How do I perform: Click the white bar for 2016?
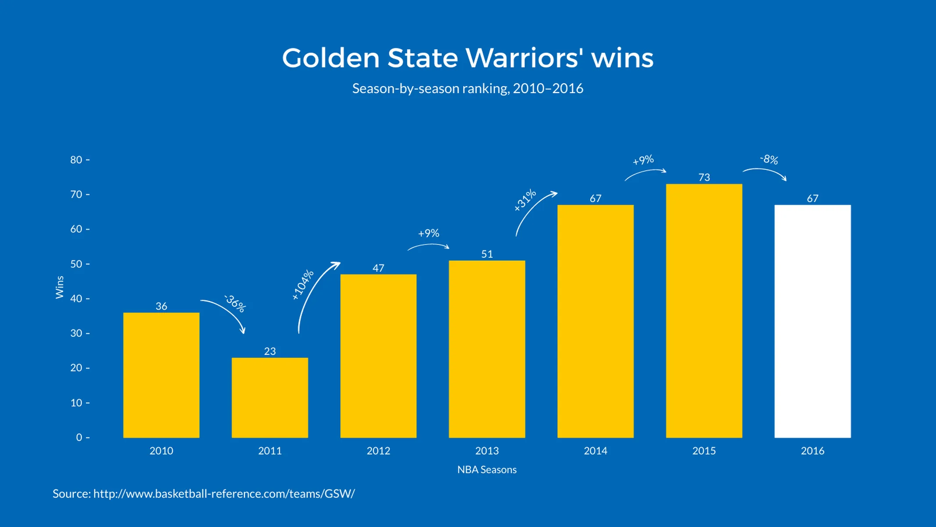[x=812, y=321]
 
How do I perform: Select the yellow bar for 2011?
[x=269, y=397]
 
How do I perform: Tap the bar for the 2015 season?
[x=704, y=310]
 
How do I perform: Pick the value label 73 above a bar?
[x=704, y=177]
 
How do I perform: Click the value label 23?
[x=269, y=351]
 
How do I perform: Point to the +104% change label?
[x=303, y=285]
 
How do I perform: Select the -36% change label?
[x=235, y=303]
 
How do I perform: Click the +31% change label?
[x=525, y=200]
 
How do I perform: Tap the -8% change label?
[x=769, y=159]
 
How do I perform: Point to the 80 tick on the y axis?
[x=76, y=160]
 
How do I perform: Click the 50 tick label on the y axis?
[x=76, y=264]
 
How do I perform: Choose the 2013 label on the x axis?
[x=487, y=451]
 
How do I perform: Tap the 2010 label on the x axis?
[x=161, y=451]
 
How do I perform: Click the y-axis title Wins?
[x=60, y=287]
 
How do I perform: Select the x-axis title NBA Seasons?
[x=487, y=469]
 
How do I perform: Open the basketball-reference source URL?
[x=224, y=494]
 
